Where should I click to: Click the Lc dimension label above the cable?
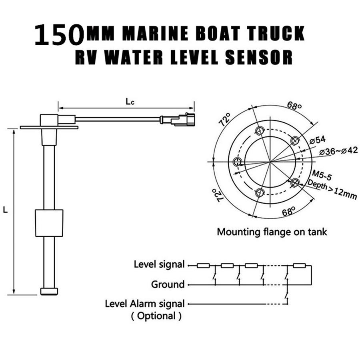[x=129, y=102]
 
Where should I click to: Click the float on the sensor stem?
[x=48, y=223]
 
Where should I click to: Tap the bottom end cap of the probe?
[x=49, y=291]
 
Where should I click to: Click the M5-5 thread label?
[x=322, y=175]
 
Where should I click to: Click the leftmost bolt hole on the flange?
[x=238, y=162]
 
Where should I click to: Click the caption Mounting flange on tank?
[x=272, y=232]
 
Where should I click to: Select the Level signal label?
[x=159, y=264]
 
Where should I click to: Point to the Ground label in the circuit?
[x=168, y=284]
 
